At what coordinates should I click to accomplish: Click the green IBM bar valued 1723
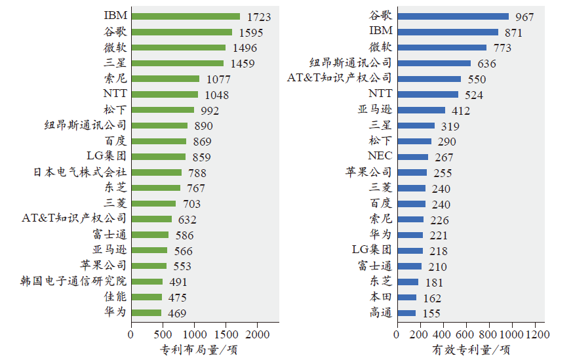coord(185,16)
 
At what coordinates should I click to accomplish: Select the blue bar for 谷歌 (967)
coord(452,16)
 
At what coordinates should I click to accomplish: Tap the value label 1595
coord(251,32)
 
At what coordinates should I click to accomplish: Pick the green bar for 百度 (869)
coord(158,141)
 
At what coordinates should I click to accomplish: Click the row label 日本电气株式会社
coord(80,172)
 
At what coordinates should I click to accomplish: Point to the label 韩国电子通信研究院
coord(73,281)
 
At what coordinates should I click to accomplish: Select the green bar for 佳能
coord(146,297)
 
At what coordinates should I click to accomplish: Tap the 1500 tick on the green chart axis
coord(226,334)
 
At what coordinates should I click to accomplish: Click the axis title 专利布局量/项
coord(199,350)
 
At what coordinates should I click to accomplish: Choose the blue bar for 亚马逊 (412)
coord(420,110)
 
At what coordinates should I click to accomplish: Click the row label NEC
coord(380,157)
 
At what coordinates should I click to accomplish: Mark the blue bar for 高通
coord(405,313)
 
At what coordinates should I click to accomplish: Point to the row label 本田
coord(380,297)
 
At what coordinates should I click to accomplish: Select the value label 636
coord(486,64)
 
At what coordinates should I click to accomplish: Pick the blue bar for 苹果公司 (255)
coord(411,172)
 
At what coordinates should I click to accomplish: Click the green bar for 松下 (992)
coord(162,110)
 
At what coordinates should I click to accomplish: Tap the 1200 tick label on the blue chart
coord(535,334)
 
